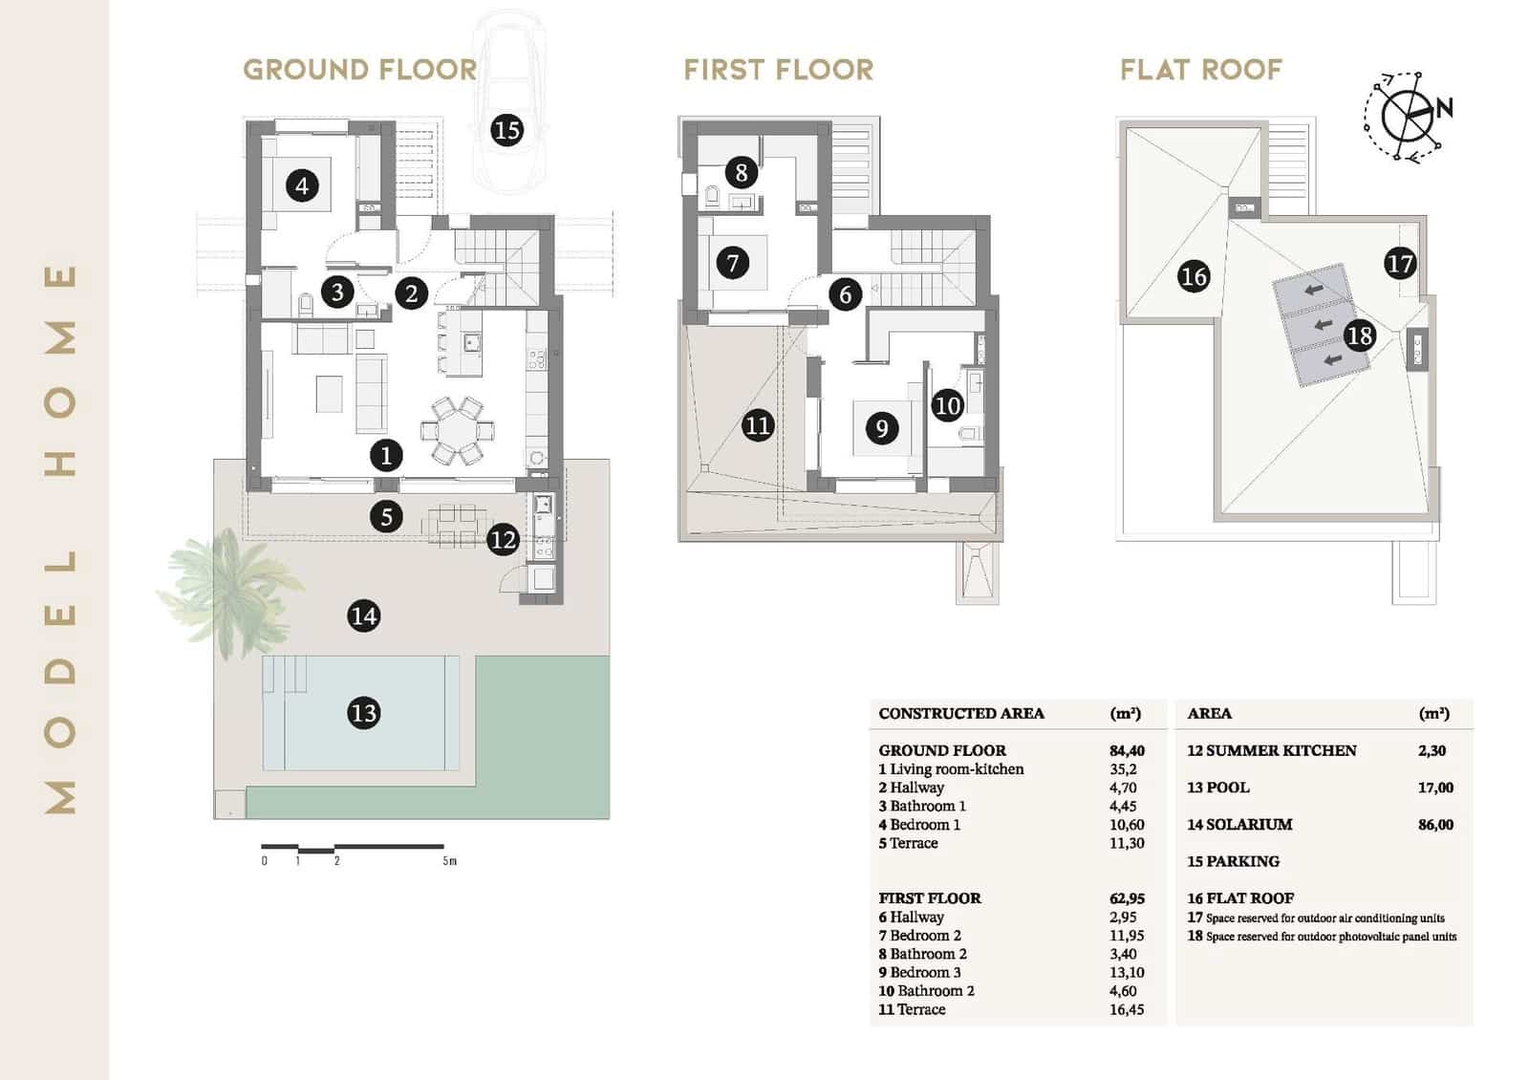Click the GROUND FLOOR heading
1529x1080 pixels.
(x=359, y=70)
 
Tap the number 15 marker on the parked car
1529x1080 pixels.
(x=506, y=129)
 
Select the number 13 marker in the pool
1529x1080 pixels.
(x=363, y=713)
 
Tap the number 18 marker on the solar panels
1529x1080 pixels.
(x=1359, y=335)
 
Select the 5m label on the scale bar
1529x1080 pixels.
(x=449, y=861)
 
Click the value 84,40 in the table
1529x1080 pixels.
(x=1127, y=750)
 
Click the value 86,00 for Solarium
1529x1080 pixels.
(x=1435, y=824)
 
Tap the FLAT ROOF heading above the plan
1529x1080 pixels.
(x=1200, y=70)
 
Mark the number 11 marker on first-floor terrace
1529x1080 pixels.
(x=758, y=425)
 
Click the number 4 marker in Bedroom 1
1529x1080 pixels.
(x=302, y=184)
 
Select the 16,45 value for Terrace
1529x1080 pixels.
(x=1126, y=1009)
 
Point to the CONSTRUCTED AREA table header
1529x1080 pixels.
(x=960, y=713)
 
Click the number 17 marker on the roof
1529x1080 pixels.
(x=1399, y=264)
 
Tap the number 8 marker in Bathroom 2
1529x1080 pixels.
(x=742, y=173)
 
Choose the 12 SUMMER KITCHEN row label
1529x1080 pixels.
(x=1271, y=750)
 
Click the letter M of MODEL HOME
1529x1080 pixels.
(x=60, y=795)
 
